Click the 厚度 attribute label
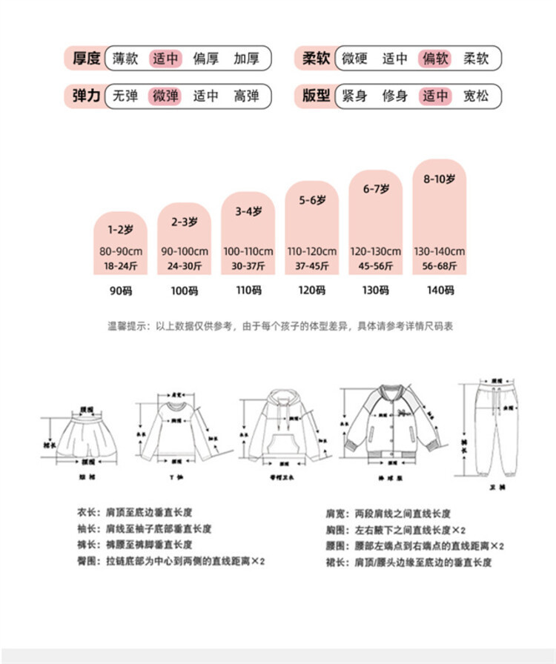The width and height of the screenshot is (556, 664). (86, 58)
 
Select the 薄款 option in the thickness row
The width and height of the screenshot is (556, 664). (125, 58)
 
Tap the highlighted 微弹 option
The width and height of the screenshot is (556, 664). (165, 96)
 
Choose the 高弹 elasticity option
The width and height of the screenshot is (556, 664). (246, 96)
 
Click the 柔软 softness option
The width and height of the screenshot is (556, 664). (476, 58)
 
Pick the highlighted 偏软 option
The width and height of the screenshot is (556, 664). (435, 58)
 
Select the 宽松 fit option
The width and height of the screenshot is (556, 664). (476, 96)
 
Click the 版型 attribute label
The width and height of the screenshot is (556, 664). (317, 96)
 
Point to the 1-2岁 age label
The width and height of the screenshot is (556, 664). (120, 230)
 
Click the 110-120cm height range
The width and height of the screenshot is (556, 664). (312, 251)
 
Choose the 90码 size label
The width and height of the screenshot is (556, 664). (120, 290)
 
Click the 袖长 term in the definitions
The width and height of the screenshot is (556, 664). (87, 529)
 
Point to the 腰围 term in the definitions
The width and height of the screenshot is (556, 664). (335, 546)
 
